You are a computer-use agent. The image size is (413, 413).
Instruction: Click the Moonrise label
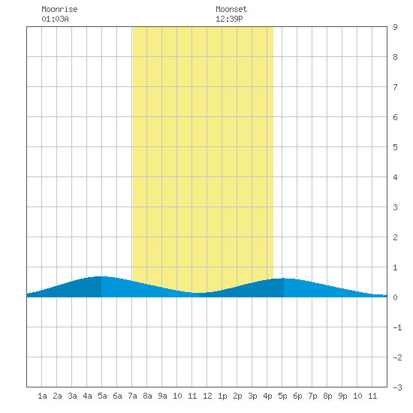pos(59,9)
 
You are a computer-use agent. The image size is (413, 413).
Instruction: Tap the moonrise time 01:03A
pos(55,19)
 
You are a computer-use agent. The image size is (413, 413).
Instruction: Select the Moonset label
pos(231,9)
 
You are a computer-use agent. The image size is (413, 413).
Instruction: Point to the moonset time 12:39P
pos(229,19)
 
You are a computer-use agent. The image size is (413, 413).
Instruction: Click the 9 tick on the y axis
pos(395,27)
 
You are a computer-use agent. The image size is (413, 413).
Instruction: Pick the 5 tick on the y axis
pos(395,147)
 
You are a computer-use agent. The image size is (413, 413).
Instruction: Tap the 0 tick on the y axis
pos(395,297)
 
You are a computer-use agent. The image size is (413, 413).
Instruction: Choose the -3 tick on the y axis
pos(397,387)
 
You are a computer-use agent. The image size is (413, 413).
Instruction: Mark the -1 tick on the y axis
pos(397,327)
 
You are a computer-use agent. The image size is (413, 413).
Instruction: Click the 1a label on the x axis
pos(42,396)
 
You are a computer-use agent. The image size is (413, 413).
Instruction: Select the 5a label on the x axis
pos(102,396)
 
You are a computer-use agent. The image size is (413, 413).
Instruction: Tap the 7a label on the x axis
pos(132,396)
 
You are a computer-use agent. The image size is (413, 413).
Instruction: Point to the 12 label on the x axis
pos(207,396)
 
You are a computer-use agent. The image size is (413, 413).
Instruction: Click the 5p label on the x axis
pos(282,396)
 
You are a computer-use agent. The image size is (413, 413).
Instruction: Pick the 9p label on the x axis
pos(342,396)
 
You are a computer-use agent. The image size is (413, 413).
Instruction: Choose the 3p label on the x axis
pos(252,396)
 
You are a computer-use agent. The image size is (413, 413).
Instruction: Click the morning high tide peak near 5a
pos(101,276)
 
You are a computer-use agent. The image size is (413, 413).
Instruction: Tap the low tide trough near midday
pos(200,293)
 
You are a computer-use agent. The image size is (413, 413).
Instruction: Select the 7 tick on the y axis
pos(395,87)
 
